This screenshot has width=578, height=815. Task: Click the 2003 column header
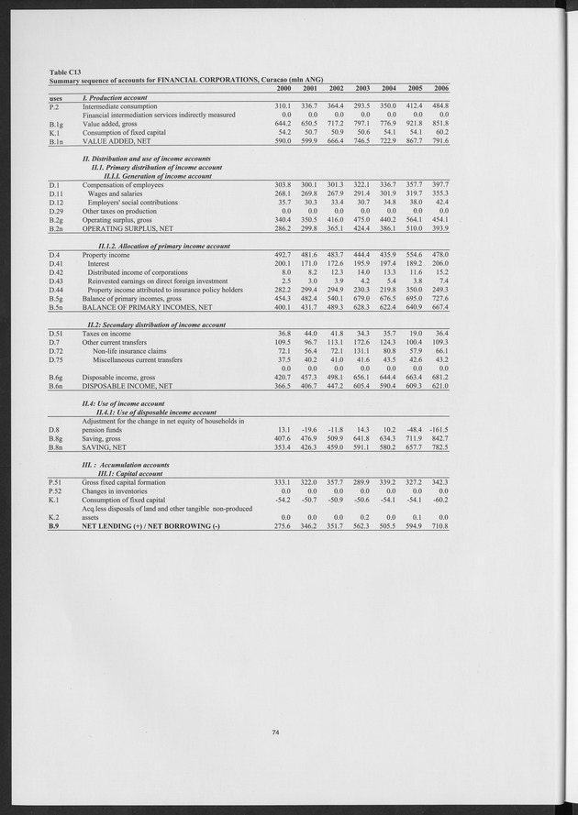(x=362, y=88)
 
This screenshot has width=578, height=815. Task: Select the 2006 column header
(x=441, y=88)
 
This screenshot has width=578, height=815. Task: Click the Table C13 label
(x=65, y=71)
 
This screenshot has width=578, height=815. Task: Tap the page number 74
(x=275, y=731)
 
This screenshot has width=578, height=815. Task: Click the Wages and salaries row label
(x=115, y=194)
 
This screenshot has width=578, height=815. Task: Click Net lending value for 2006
(x=441, y=526)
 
